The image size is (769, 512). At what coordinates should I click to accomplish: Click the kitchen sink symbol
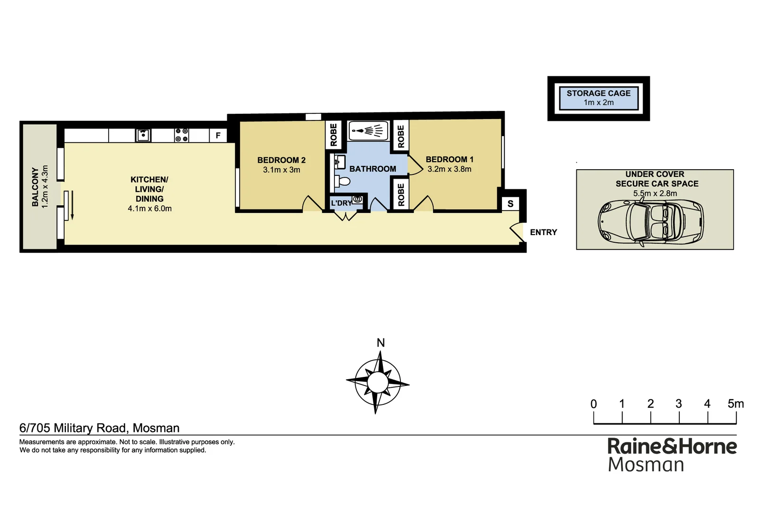click(x=143, y=135)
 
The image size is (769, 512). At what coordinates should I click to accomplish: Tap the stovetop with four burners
click(x=182, y=135)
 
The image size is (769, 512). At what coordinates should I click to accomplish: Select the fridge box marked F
click(x=218, y=136)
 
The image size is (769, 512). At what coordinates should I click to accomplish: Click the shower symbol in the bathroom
click(x=368, y=130)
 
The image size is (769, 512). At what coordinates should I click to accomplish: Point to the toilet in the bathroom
click(x=343, y=181)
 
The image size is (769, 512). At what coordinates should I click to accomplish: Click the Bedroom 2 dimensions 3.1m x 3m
click(x=281, y=170)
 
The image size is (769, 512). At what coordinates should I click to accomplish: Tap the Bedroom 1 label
click(x=449, y=159)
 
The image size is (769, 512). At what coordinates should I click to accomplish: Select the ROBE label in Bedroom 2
click(x=334, y=135)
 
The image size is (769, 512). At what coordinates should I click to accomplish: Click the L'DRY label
click(x=341, y=203)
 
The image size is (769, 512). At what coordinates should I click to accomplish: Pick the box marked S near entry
click(x=510, y=204)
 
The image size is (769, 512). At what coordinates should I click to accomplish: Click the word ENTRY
click(x=543, y=232)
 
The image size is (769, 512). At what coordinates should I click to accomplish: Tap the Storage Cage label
click(x=598, y=93)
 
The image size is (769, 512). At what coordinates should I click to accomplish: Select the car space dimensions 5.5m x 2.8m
click(x=655, y=193)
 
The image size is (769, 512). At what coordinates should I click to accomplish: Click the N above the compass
click(x=380, y=343)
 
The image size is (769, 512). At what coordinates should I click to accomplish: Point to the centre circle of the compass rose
click(x=378, y=382)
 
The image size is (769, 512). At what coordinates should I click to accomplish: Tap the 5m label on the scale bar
click(x=735, y=404)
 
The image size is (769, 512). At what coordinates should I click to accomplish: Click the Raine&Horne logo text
click(x=672, y=447)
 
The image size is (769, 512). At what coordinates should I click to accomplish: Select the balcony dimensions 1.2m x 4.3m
click(x=46, y=186)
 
